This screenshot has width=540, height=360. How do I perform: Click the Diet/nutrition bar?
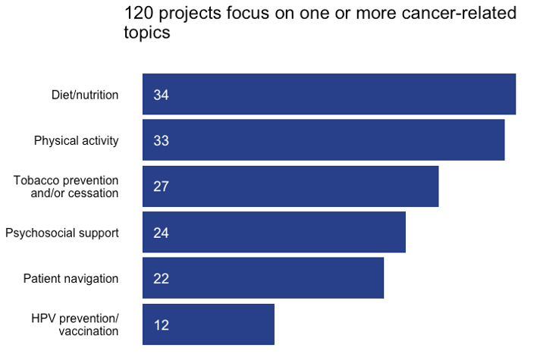click(x=329, y=94)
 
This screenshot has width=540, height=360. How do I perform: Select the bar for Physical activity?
click(x=324, y=140)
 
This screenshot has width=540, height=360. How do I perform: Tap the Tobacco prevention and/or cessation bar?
click(x=290, y=186)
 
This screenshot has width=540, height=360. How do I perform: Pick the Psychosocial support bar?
click(x=274, y=232)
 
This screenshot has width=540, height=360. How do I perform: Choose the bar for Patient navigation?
click(x=263, y=278)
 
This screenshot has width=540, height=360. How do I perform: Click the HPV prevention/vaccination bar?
click(x=209, y=324)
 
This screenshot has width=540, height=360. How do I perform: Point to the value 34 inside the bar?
click(x=161, y=95)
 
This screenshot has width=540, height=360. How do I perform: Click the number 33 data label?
click(x=161, y=141)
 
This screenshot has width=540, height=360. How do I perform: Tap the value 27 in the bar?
click(x=161, y=186)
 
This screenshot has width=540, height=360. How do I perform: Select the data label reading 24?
click(x=161, y=233)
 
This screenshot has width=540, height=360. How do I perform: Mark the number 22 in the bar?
click(x=161, y=279)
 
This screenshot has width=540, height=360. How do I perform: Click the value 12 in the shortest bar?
click(x=161, y=325)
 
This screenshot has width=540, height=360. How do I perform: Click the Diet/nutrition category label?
click(x=85, y=95)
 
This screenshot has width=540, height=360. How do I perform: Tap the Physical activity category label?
click(x=77, y=140)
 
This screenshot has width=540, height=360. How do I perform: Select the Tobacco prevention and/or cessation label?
click(x=67, y=186)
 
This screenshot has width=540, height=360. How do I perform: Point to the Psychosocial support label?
click(x=62, y=233)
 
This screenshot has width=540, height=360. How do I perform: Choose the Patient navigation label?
click(x=71, y=278)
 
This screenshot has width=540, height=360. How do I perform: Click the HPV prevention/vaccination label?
click(x=75, y=324)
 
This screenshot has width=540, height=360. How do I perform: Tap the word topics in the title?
click(x=146, y=33)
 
